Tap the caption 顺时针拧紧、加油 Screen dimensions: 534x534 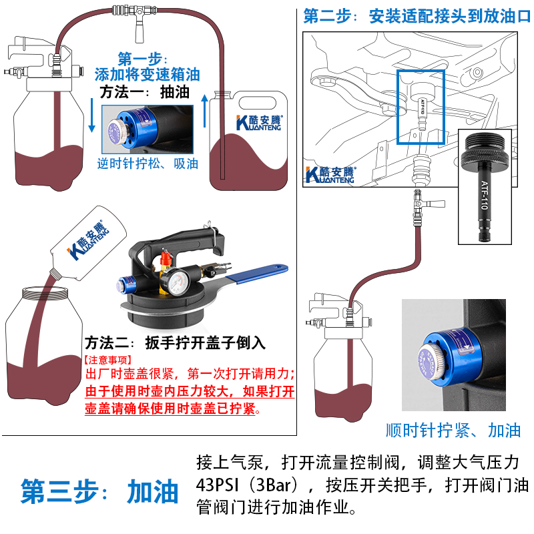453,430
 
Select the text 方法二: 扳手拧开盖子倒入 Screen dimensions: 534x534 175,343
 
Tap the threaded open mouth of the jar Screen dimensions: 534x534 43,292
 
